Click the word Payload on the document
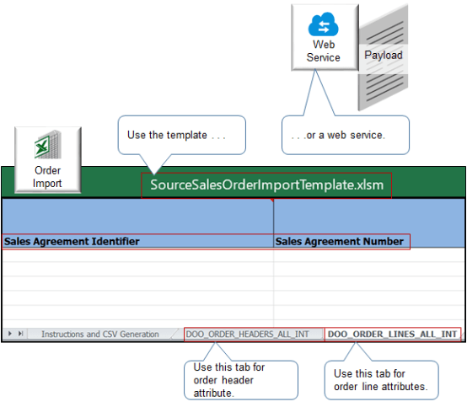[x=383, y=56]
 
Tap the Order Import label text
[x=48, y=177]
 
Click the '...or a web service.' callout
[x=345, y=135]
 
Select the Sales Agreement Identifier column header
[x=72, y=242]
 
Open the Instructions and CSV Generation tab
[x=99, y=335]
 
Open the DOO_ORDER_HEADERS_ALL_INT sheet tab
[x=253, y=335]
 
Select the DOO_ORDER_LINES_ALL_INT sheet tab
[x=392, y=335]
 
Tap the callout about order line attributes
[x=381, y=378]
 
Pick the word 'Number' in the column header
[x=380, y=242]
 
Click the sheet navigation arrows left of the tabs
[x=14, y=335]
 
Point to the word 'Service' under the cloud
[x=324, y=57]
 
